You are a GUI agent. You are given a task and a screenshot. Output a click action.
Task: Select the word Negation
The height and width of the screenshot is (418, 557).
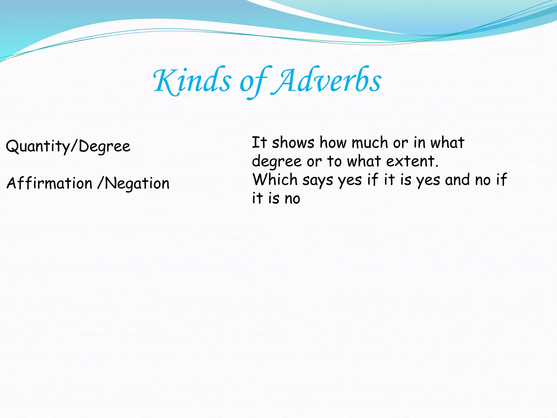(x=137, y=183)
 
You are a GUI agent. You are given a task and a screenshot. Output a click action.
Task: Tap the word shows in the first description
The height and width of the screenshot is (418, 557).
(x=293, y=143)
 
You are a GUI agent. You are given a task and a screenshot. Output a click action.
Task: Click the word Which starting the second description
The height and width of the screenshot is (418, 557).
(x=275, y=180)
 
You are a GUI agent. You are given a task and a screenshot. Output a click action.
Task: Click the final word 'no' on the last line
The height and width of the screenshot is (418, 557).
(x=292, y=199)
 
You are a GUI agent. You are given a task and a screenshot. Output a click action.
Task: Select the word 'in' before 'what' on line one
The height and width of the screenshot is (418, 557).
(x=419, y=143)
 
